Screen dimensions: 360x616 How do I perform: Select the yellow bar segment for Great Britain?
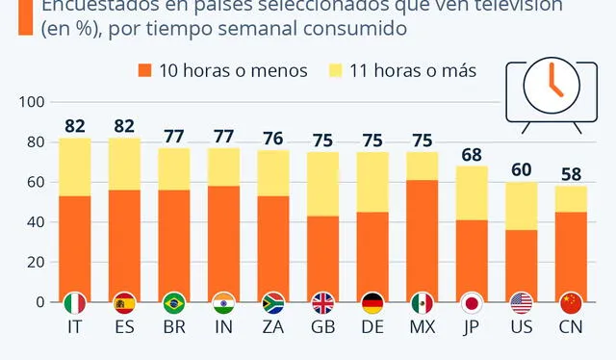(x=324, y=183)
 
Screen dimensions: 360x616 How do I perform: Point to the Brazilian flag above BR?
(x=174, y=302)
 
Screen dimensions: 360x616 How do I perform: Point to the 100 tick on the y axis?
(x=32, y=102)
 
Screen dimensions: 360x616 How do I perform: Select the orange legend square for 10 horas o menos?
(x=145, y=70)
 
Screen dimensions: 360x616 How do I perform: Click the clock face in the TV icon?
(x=550, y=85)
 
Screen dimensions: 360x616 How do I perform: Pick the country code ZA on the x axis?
(x=274, y=329)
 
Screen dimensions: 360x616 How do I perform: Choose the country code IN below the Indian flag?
(x=224, y=329)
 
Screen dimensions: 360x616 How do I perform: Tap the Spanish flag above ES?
(x=124, y=302)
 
